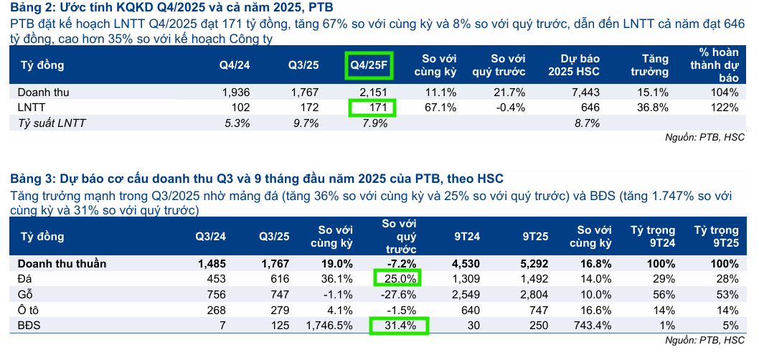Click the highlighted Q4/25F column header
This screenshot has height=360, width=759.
coord(369,65)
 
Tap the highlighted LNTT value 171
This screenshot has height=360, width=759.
coord(373,108)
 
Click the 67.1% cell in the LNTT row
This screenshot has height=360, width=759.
coord(440,108)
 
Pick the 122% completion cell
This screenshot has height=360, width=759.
coord(724,108)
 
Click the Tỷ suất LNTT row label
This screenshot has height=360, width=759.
coord(52,123)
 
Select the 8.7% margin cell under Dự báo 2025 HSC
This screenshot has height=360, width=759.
coord(587,123)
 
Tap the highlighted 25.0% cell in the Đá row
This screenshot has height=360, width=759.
coord(397,278)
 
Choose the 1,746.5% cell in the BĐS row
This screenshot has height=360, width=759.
coord(329,326)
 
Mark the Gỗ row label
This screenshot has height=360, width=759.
coord(25,294)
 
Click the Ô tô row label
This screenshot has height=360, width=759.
coord(28,310)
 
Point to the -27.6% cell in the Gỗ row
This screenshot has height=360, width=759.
coord(400,294)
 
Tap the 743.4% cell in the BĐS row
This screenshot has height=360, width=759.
coord(592,326)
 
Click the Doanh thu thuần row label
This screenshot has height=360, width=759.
coord(62,263)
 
